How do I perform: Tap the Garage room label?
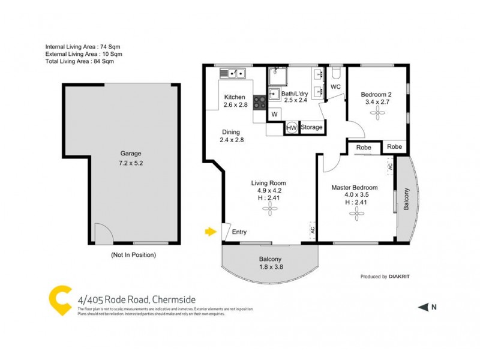(x=130, y=154)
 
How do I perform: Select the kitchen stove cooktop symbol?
(x=259, y=102)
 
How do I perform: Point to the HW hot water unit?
(x=292, y=128)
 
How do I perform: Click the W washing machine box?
(x=274, y=114)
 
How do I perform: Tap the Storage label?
(x=312, y=127)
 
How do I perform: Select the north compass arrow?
(x=423, y=307)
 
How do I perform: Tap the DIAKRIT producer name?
(x=405, y=277)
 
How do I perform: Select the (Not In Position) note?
(x=133, y=254)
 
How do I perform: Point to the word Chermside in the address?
(x=174, y=300)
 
